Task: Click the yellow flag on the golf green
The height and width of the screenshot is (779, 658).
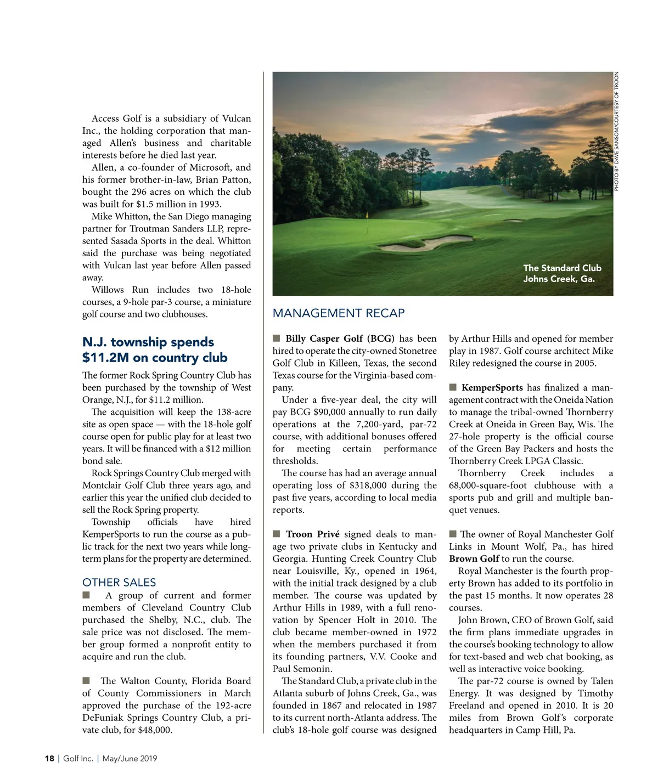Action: point(367,216)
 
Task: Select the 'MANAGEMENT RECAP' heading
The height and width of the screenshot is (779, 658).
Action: point(339,313)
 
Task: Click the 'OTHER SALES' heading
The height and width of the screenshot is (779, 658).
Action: point(119,583)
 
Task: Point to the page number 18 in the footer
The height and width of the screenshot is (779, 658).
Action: point(49,759)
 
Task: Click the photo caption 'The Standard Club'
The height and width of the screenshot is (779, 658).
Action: point(562,268)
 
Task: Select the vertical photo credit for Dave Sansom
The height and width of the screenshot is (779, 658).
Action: point(616,132)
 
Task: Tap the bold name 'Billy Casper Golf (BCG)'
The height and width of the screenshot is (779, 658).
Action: point(340,338)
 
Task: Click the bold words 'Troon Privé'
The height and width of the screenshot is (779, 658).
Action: point(312,534)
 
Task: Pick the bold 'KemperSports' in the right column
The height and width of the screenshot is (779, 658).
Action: point(492,387)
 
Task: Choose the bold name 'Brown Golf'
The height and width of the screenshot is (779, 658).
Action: point(474,558)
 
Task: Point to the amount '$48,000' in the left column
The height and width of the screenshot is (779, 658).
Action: point(155,730)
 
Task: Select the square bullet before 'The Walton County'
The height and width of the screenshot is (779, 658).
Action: point(86,680)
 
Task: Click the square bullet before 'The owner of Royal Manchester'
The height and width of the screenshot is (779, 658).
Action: point(453,534)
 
